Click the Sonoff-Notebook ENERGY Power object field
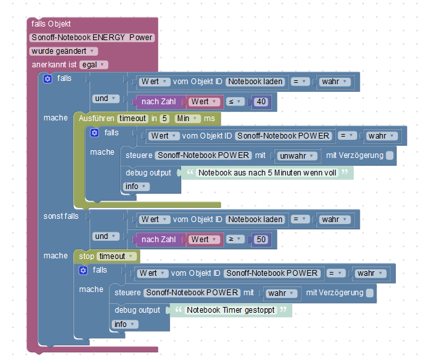tap(92, 38)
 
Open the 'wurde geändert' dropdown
tap(63, 51)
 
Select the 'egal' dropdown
tap(93, 65)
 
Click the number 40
tap(261, 102)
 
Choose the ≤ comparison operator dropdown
tap(234, 102)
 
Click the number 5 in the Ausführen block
tap(164, 119)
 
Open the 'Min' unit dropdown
tap(187, 119)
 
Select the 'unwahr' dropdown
tap(298, 156)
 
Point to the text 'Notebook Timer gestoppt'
tap(230, 310)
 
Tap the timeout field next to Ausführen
tap(133, 119)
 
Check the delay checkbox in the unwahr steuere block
tap(389, 156)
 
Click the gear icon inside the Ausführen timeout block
tap(94, 133)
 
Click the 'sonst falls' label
tap(61, 216)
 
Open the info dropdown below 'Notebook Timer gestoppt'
tap(124, 324)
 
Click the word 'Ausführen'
tap(96, 119)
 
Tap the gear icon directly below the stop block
tap(83, 270)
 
